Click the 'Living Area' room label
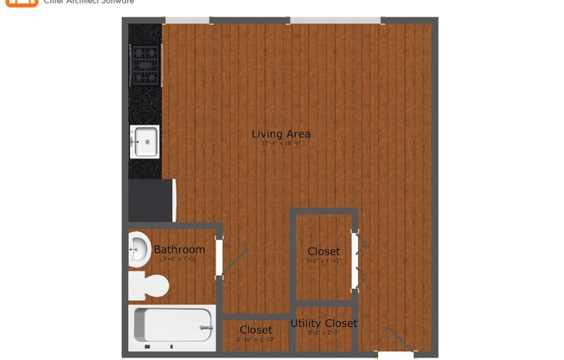pos(280,134)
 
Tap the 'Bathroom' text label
pos(179,249)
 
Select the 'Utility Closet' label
pos(324,324)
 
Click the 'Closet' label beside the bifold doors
pos(323,251)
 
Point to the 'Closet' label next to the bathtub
pos(255,330)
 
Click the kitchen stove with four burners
pos(144,62)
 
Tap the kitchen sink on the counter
pos(144,141)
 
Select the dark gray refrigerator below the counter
pos(152,200)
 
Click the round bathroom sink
pos(138,250)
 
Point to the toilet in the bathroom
pos(148,285)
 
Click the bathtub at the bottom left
pos(171,328)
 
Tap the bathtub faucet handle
pos(206,328)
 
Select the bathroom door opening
pos(220,257)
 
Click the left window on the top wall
pos(187,20)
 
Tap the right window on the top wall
pos(335,20)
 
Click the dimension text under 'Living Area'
pos(280,144)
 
